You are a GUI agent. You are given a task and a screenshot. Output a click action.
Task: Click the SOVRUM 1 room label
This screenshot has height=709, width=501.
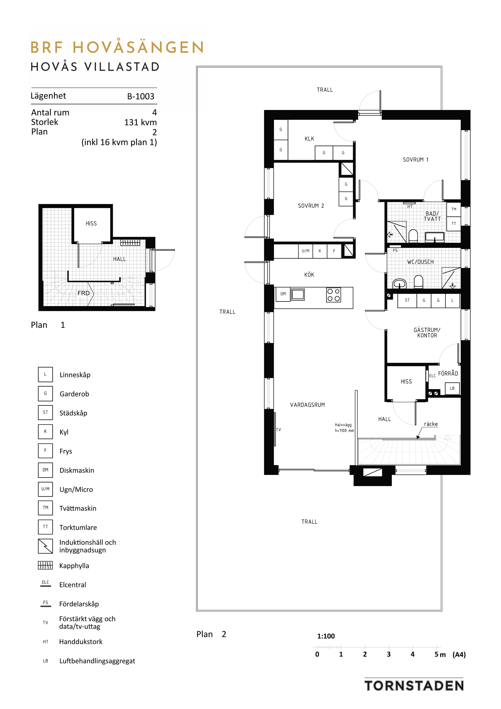[415, 160]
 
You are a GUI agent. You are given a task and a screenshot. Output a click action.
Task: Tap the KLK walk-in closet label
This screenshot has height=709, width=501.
[309, 139]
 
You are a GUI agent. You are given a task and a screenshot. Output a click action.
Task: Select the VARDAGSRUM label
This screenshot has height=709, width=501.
[308, 405]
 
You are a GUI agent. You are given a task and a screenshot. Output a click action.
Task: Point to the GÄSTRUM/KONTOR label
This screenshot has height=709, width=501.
[427, 333]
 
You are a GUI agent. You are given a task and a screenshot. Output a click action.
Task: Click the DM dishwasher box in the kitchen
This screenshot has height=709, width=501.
[283, 294]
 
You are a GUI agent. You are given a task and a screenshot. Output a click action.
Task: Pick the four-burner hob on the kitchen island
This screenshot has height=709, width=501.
[334, 295]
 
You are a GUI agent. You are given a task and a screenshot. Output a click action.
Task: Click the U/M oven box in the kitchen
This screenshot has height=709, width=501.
[306, 251]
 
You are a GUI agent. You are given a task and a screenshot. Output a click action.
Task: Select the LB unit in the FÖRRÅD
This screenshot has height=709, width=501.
[452, 389]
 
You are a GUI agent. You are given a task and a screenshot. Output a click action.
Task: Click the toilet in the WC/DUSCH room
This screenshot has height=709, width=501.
[418, 282]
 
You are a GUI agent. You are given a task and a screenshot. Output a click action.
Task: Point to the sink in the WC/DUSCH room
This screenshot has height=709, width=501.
[400, 283]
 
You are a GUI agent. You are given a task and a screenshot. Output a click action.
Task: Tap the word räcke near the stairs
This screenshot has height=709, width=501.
[431, 424]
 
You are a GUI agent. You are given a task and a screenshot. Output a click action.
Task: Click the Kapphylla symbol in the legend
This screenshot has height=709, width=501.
[45, 566]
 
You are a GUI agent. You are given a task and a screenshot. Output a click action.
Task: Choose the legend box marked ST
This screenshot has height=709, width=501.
[45, 413]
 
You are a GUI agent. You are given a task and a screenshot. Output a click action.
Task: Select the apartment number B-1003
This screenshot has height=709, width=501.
[141, 96]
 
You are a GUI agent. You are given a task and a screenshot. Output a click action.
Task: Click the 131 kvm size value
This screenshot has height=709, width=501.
[140, 122]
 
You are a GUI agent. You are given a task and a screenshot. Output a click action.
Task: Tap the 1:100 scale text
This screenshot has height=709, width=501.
[326, 636]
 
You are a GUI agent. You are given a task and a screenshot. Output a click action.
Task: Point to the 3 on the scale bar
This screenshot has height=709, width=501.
[389, 654]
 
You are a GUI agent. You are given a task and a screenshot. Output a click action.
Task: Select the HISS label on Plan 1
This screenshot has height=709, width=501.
[91, 224]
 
